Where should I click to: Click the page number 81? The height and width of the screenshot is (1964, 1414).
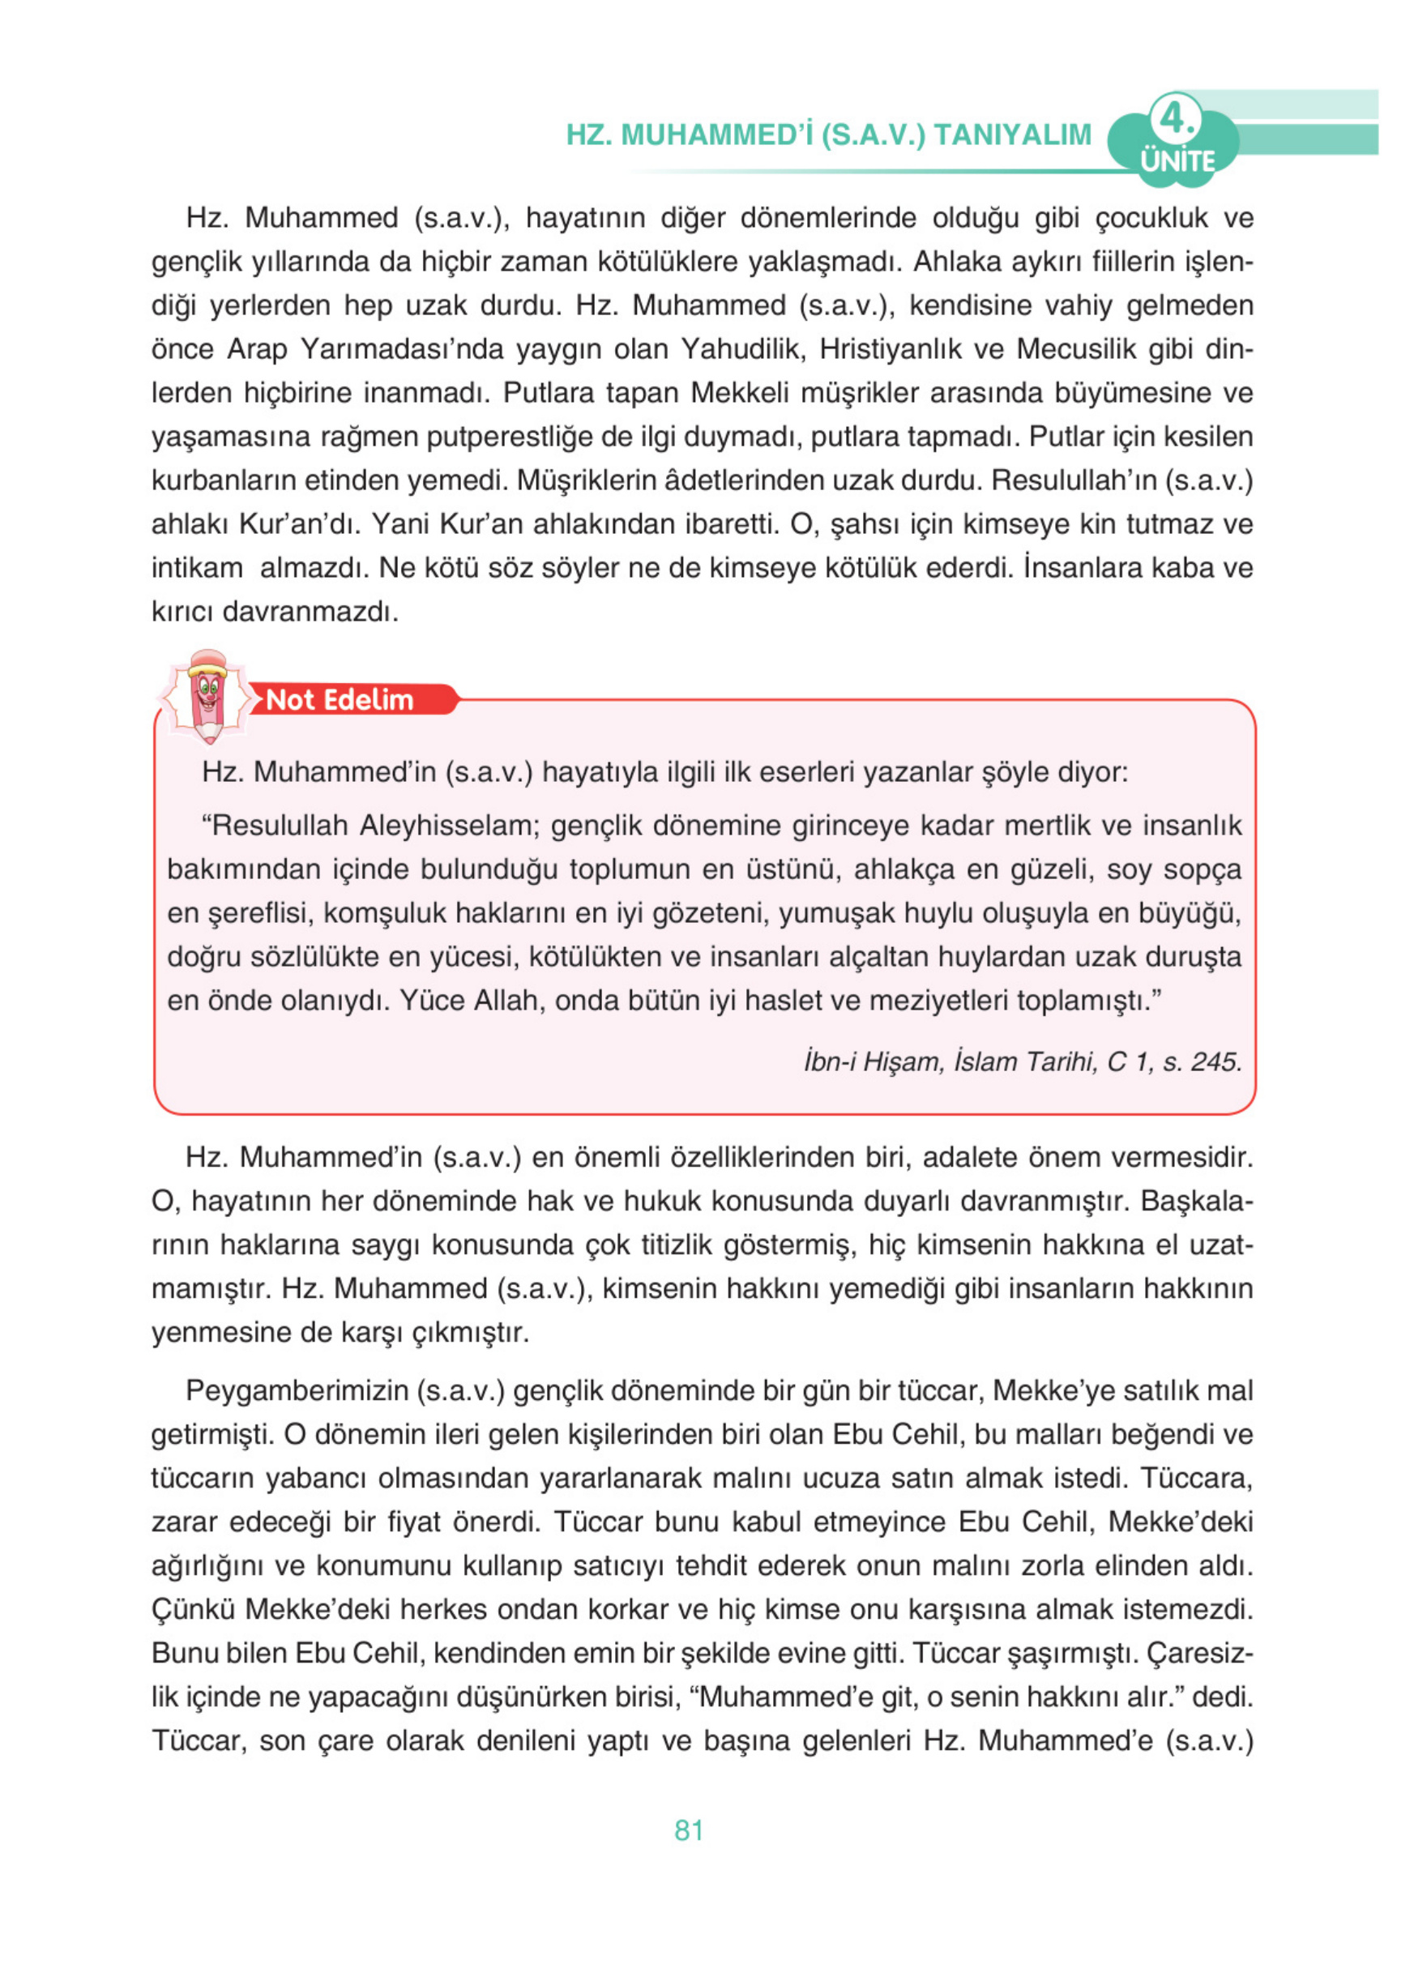[689, 1830]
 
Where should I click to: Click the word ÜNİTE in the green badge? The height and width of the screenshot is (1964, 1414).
[1177, 161]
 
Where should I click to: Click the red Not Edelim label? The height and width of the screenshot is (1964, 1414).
[340, 700]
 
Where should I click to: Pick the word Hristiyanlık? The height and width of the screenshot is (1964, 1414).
[887, 349]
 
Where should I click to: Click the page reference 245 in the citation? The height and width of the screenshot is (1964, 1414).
[1215, 1061]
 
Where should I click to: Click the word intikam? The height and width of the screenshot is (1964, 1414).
[197, 568]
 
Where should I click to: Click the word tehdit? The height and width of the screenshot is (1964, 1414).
[711, 1565]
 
